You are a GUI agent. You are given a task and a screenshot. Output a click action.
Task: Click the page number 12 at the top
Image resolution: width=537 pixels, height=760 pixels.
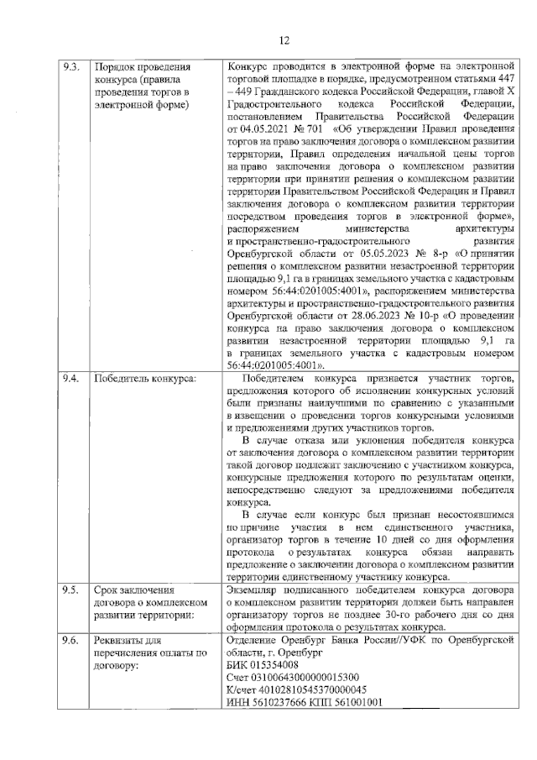[284, 39]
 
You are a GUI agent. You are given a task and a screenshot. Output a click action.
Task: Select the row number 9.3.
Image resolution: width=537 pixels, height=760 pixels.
[71, 66]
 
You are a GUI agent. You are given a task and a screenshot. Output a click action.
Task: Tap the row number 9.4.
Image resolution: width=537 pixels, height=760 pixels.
[71, 379]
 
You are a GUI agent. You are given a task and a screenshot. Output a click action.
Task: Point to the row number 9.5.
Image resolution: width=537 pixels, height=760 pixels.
[71, 590]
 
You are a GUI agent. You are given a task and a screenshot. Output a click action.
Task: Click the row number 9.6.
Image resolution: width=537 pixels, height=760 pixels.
[71, 640]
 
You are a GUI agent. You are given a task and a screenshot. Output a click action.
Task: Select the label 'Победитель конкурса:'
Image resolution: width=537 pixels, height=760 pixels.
[143, 379]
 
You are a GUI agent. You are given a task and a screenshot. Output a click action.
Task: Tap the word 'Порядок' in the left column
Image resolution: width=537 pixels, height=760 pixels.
[117, 66]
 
